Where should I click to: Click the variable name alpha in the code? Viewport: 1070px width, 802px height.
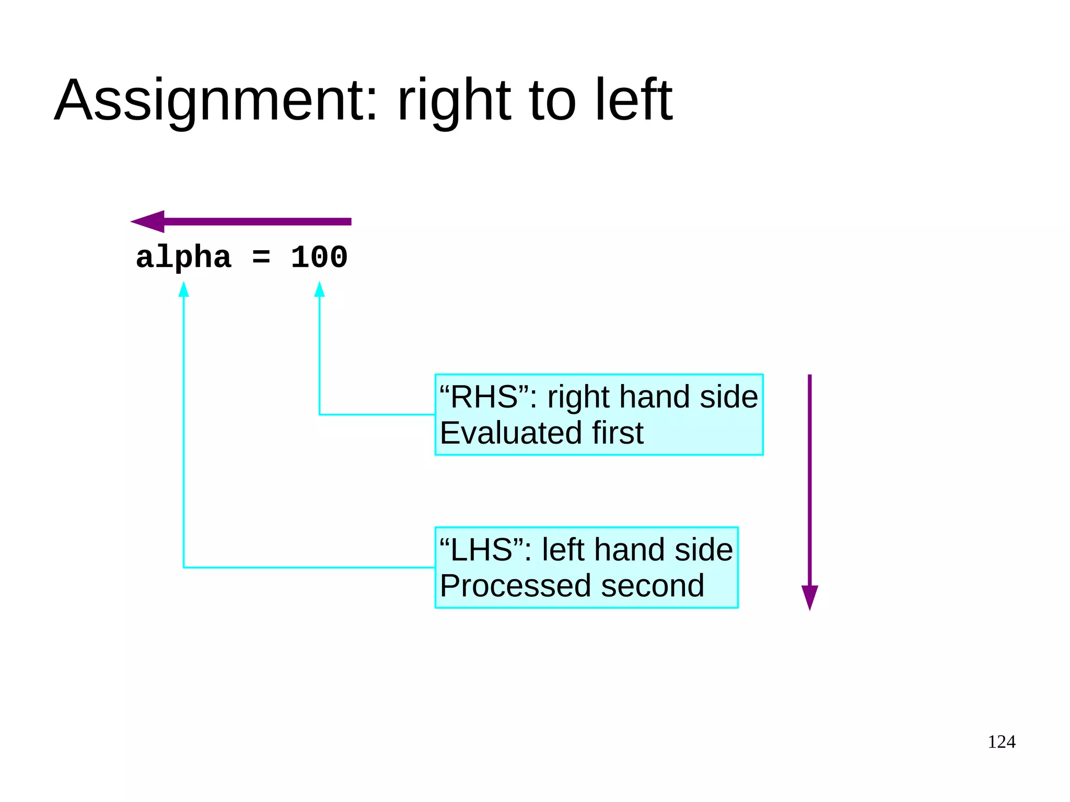pyautogui.click(x=183, y=258)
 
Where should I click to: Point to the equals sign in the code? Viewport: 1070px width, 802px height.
pyautogui.click(x=261, y=258)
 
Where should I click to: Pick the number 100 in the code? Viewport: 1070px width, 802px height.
pyautogui.click(x=319, y=258)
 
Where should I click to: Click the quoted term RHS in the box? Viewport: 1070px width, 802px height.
pyautogui.click(x=484, y=397)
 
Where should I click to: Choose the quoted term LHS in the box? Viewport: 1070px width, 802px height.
pyautogui.click(x=481, y=550)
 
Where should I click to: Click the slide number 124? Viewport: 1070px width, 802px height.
pyautogui.click(x=1001, y=742)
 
